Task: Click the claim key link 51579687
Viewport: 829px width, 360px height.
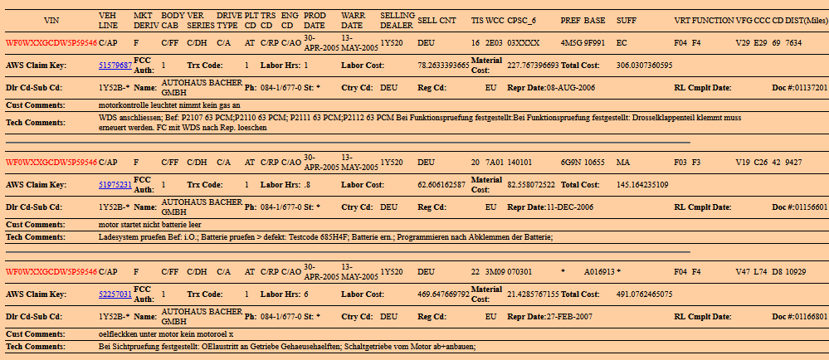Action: click(115, 64)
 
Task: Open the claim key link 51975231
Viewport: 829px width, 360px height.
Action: click(115, 184)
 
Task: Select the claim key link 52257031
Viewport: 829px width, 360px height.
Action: click(115, 294)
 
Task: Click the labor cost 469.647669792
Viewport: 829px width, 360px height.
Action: click(443, 294)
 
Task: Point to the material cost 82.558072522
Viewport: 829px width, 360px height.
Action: click(533, 184)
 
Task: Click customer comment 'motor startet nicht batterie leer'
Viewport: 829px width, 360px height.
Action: click(149, 224)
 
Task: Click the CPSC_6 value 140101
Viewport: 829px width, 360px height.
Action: click(522, 163)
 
